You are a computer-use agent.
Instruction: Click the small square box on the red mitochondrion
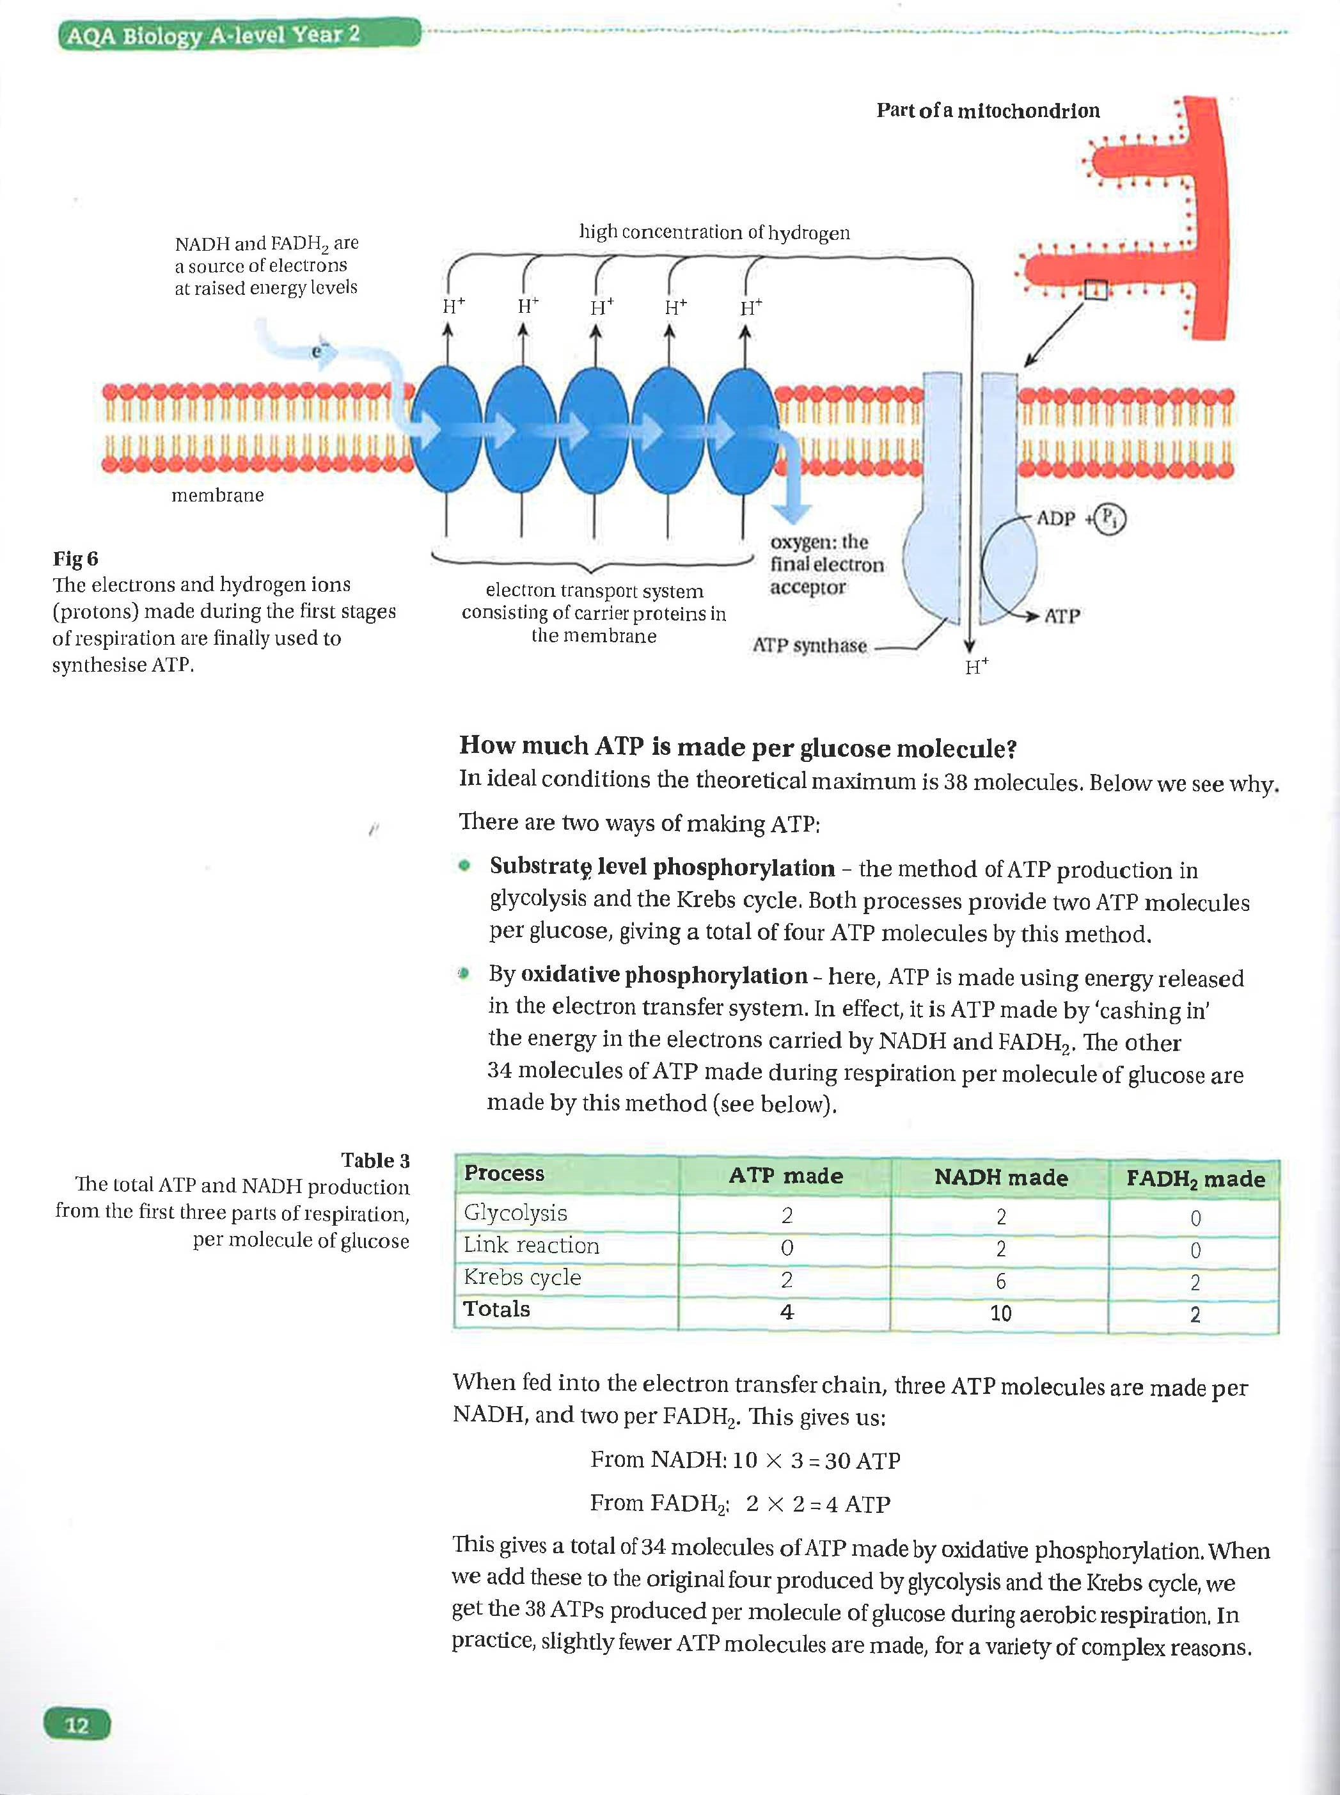click(1095, 289)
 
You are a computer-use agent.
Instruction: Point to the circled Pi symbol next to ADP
click(1110, 518)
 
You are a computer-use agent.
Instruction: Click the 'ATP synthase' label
click(810, 645)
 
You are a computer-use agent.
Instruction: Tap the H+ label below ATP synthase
click(976, 667)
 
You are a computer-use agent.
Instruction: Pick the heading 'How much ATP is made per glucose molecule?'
click(737, 747)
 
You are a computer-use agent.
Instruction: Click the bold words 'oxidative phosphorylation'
click(663, 975)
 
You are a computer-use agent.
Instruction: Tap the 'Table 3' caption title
click(375, 1160)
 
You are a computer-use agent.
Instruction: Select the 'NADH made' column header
click(1000, 1177)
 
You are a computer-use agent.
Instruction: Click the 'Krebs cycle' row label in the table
click(523, 1277)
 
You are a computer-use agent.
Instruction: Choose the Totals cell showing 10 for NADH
click(1000, 1313)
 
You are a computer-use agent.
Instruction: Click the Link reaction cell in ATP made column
click(786, 1247)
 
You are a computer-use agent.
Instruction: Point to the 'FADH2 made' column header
click(1195, 1178)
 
